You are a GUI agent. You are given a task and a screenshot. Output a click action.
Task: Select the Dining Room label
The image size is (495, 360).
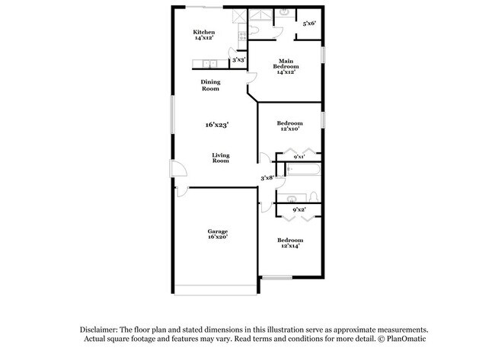click(x=210, y=85)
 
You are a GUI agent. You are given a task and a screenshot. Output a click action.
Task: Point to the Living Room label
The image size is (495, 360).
click(x=220, y=158)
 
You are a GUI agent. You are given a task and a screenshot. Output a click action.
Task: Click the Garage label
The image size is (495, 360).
click(x=218, y=234)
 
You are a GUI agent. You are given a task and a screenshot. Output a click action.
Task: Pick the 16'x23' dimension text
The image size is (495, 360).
click(x=216, y=124)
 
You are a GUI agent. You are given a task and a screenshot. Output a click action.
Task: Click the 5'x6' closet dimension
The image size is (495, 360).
click(x=309, y=24)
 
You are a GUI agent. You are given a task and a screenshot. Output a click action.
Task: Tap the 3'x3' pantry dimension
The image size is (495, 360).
click(x=238, y=59)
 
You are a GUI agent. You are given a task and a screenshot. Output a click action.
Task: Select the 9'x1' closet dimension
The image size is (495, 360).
click(x=300, y=158)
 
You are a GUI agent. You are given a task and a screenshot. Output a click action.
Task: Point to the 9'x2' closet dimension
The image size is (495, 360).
click(x=300, y=209)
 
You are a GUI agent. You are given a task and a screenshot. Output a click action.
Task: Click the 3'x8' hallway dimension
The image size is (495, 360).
click(x=267, y=178)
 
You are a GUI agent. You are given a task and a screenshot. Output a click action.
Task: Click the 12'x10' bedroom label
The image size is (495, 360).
click(x=289, y=126)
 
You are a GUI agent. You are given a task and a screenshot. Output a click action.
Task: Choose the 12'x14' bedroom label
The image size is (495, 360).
click(x=289, y=243)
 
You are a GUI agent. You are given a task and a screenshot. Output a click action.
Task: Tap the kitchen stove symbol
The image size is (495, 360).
click(x=242, y=33)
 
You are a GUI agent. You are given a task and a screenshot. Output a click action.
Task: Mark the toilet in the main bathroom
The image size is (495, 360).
click(x=257, y=27)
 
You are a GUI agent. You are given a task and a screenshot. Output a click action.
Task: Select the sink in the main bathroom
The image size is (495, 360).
click(x=283, y=11)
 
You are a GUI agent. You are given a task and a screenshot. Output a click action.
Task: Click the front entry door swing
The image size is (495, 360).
click(x=176, y=174)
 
